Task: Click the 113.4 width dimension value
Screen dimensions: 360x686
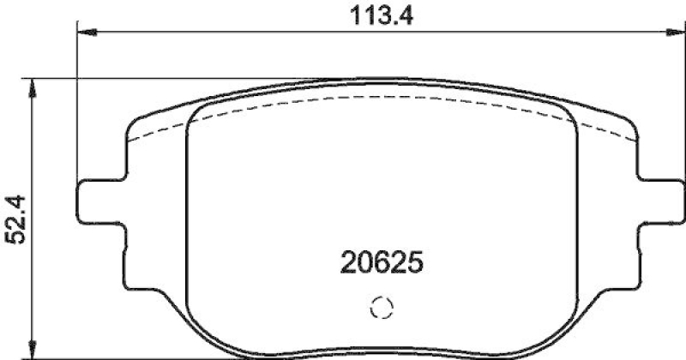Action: tap(377, 15)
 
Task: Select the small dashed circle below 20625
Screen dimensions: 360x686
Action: tap(380, 309)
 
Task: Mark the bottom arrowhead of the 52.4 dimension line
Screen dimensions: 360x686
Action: tap(33, 353)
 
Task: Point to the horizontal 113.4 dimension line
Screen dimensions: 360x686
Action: tap(257, 33)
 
